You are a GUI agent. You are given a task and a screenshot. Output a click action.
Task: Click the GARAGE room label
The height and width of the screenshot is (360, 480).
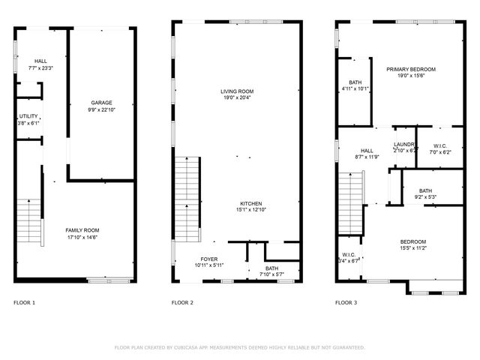point(101,103)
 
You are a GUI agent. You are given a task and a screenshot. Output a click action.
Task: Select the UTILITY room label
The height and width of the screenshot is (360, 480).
point(29,116)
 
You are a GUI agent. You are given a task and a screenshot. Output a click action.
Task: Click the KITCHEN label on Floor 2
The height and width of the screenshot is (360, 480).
point(250,204)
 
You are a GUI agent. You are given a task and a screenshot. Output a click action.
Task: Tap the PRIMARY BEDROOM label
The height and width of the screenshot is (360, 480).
point(410,69)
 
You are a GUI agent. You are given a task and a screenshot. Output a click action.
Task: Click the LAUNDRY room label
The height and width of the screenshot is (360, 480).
point(405,143)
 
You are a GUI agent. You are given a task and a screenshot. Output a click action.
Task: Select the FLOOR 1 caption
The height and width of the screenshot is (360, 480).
point(24,302)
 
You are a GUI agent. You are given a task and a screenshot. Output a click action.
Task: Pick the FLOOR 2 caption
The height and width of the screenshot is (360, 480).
point(182,302)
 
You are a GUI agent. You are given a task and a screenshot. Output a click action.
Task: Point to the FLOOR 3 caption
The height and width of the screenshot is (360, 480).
point(346,302)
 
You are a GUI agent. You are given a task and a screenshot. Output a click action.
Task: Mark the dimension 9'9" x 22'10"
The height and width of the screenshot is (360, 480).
point(101,109)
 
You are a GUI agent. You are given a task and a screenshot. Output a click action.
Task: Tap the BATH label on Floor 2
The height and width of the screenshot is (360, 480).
point(271,268)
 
